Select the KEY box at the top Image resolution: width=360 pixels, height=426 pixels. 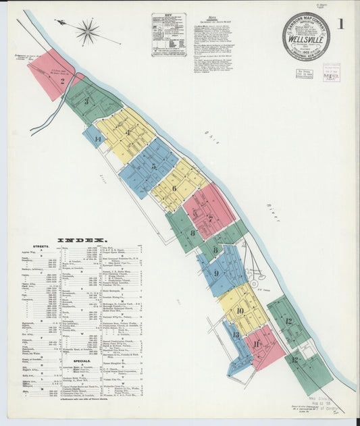tap(168, 34)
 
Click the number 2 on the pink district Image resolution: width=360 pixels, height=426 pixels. tap(62, 81)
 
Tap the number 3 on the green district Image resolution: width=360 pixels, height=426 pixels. tap(86, 103)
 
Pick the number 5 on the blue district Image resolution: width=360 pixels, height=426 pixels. tap(154, 166)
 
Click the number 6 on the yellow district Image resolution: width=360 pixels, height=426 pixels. tap(174, 188)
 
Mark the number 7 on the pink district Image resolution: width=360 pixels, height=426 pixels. tap(209, 217)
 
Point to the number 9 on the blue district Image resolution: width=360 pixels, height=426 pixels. tap(216, 273)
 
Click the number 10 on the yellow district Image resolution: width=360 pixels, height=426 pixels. tap(240, 311)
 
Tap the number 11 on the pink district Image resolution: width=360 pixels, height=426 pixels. tap(257, 344)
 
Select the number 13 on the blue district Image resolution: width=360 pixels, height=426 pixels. tap(235, 334)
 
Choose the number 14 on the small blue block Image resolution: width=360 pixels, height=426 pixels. tap(97, 140)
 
